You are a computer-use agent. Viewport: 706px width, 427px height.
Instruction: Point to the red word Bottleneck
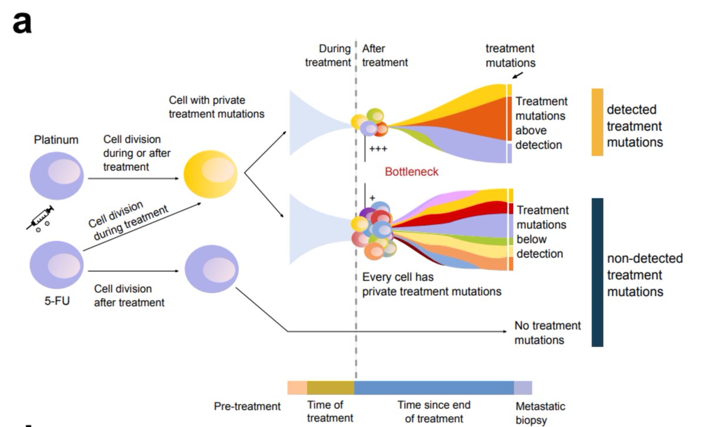(x=412, y=172)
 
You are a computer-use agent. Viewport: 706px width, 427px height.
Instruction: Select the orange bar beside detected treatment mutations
(x=597, y=122)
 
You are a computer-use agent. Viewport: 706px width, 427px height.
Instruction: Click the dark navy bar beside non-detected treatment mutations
(x=597, y=272)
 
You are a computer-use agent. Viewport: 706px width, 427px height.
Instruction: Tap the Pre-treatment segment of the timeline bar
(x=297, y=388)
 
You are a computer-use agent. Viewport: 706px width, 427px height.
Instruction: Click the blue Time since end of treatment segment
(x=434, y=388)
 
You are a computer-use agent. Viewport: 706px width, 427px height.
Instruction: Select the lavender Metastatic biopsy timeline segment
(x=523, y=388)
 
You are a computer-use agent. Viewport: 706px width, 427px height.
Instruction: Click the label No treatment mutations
(x=547, y=333)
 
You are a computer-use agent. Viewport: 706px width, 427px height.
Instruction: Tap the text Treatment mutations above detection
(x=541, y=123)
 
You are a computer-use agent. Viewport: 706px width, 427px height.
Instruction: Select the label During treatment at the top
(x=328, y=55)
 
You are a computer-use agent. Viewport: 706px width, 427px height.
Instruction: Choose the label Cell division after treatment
(x=129, y=296)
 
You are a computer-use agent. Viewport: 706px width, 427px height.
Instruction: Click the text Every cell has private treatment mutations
(x=432, y=284)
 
